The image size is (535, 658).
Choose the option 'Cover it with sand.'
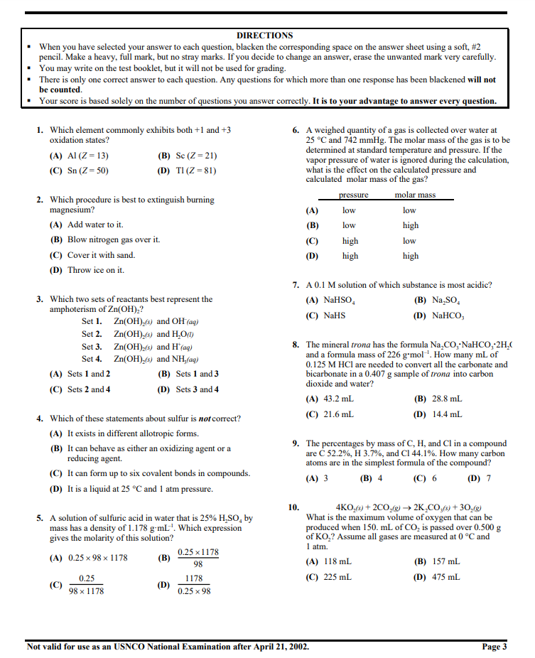click(101, 255)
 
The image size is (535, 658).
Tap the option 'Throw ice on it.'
click(95, 270)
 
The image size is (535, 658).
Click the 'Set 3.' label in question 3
click(92, 347)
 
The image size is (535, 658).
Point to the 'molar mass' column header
click(415, 195)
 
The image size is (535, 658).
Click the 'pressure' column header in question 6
click(353, 195)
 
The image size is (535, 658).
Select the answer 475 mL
click(445, 577)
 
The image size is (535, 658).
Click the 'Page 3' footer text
click(494, 647)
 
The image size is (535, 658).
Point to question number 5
click(40, 518)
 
